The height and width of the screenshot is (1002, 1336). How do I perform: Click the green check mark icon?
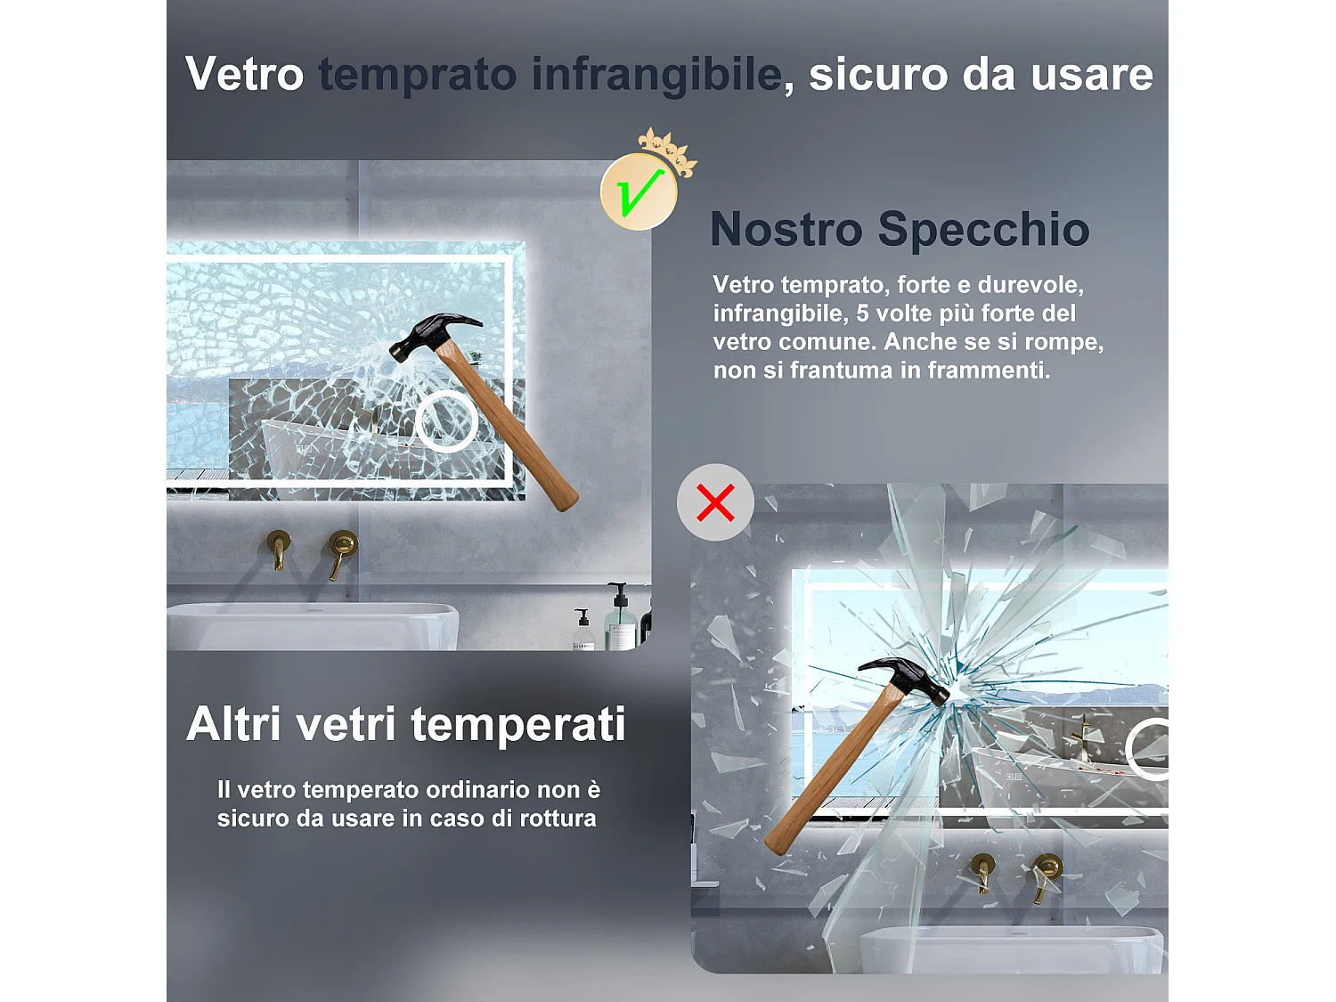pyautogui.click(x=639, y=191)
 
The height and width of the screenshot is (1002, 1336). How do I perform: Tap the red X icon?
pyautogui.click(x=715, y=502)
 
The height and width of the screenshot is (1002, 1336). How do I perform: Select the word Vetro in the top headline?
pyautogui.click(x=245, y=74)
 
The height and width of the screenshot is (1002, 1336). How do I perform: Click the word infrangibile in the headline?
pyautogui.click(x=656, y=74)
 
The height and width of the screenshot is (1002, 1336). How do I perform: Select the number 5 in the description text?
pyautogui.click(x=862, y=314)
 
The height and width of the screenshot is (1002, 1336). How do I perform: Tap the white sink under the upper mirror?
pyautogui.click(x=312, y=625)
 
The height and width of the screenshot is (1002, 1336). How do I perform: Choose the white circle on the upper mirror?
pyautogui.click(x=446, y=421)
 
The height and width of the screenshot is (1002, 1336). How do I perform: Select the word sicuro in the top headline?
pyautogui.click(x=877, y=74)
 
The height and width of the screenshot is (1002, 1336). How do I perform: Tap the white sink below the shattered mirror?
pyautogui.click(x=1011, y=949)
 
